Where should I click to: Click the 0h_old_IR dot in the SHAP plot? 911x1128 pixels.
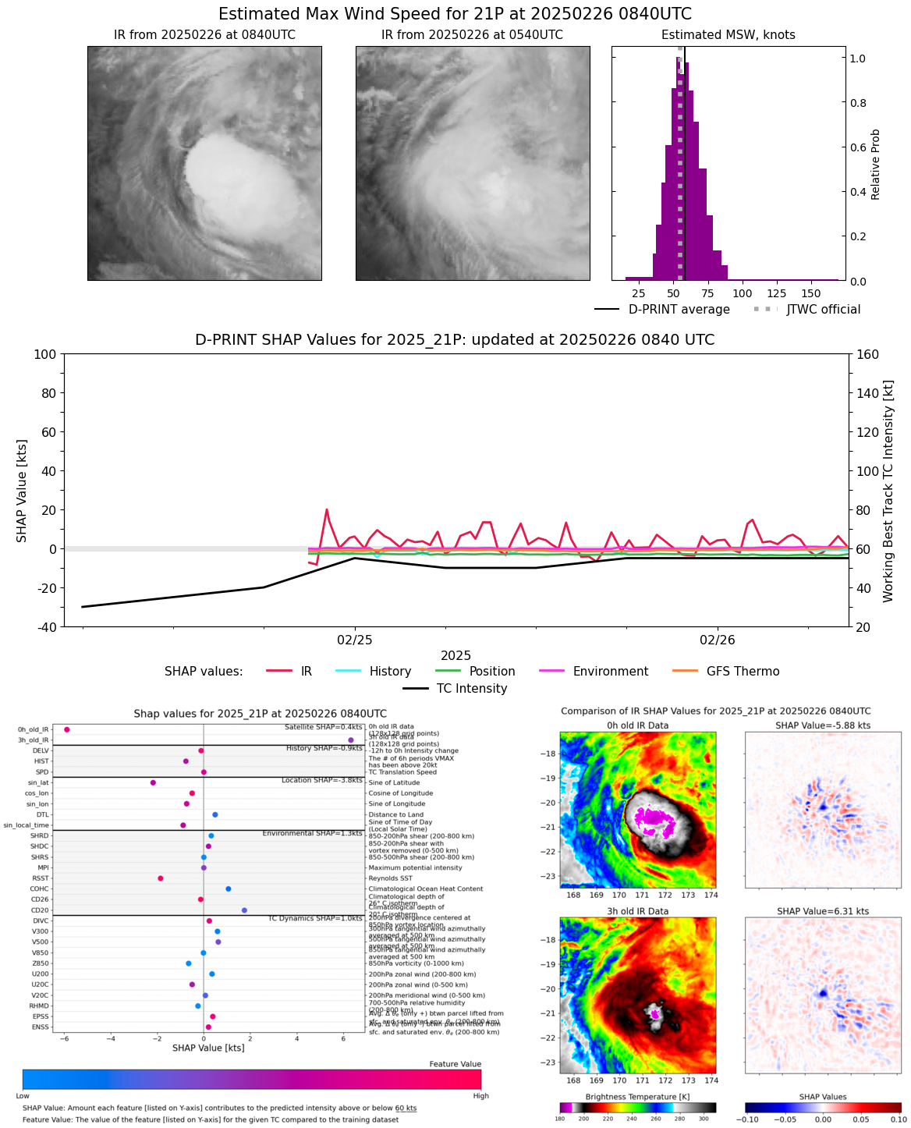tap(67, 729)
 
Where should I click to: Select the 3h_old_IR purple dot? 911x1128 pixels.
tap(351, 740)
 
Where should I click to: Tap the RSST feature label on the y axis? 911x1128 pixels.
tap(40, 878)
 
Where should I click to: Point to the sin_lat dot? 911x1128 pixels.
tap(153, 782)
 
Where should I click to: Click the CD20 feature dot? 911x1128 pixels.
tap(244, 910)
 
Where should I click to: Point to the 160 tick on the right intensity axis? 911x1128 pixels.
tap(868, 354)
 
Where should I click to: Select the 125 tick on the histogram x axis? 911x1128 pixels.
tap(778, 293)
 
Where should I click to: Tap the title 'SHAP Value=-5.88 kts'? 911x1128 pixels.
tap(823, 725)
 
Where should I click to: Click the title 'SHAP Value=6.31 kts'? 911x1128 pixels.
tap(823, 911)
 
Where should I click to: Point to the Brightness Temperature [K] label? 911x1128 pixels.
tap(637, 1097)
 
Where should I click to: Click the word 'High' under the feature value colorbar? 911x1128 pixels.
tap(481, 1096)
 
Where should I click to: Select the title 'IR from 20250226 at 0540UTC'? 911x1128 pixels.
tap(472, 35)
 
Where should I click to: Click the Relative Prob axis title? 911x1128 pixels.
tap(876, 164)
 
